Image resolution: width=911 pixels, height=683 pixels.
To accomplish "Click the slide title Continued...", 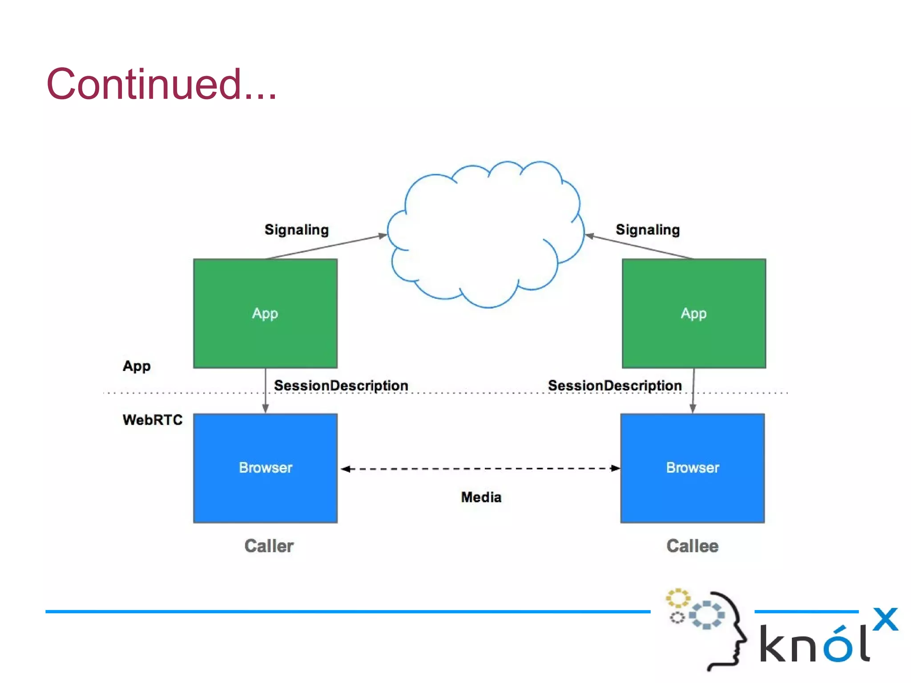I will click(x=161, y=84).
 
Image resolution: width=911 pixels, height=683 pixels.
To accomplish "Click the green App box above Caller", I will click(x=265, y=313).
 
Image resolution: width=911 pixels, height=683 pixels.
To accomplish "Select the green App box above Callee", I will click(x=693, y=313).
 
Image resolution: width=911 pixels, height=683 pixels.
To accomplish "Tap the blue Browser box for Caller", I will click(x=265, y=468).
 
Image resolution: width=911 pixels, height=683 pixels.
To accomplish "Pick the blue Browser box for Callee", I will click(x=692, y=468).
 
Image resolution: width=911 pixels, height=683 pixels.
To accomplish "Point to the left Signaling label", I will click(x=296, y=230).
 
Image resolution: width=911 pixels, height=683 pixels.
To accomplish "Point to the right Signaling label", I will click(x=647, y=230).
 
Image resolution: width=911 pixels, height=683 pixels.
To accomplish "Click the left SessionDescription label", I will click(x=341, y=386).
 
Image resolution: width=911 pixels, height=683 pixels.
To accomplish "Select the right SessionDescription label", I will click(x=615, y=386).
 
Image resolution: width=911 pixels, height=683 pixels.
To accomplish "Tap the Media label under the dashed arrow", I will click(x=481, y=497).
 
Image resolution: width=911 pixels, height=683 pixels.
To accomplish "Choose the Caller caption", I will click(x=269, y=546).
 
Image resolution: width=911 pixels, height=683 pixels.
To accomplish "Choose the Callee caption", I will click(x=692, y=546).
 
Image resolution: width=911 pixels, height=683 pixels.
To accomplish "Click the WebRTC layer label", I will click(x=152, y=420).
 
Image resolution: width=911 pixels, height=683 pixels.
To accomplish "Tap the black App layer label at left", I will click(x=137, y=366).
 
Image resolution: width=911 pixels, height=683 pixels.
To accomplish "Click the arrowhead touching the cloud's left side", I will click(x=383, y=236).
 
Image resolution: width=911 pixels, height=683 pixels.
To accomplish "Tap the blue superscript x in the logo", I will click(x=885, y=619).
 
